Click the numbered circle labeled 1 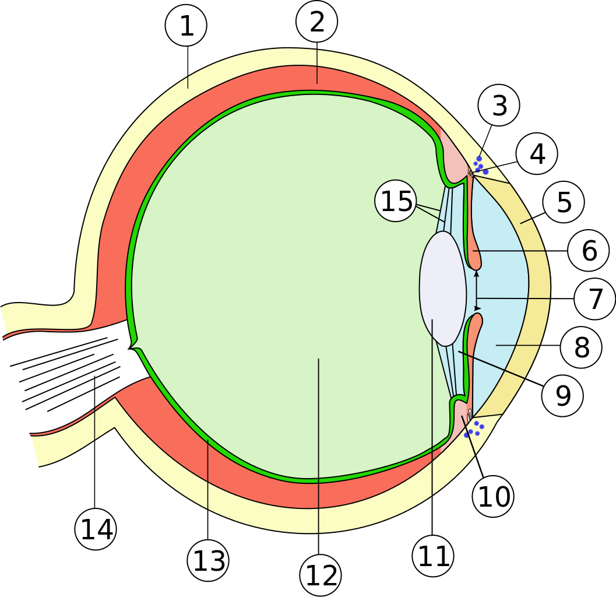186,26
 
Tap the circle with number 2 317,22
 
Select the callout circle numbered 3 499,106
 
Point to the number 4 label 537,154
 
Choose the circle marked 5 564,202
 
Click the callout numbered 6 589,251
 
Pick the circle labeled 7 595,299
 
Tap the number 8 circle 581,347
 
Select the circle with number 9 562,396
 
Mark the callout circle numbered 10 493,497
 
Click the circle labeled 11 433,556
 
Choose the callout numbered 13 208,561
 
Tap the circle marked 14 96,529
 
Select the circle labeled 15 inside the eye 396,201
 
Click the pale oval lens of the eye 443,289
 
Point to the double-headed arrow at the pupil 477,290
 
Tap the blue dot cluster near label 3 480,165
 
